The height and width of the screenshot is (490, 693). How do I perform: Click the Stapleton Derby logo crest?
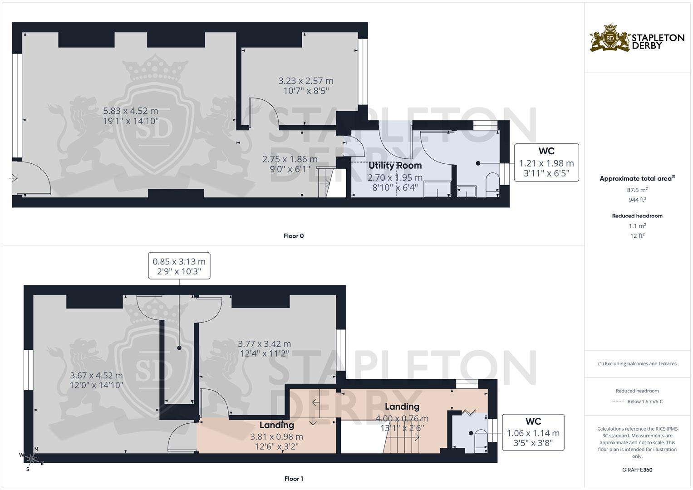tap(610, 38)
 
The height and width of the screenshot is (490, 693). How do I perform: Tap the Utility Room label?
tap(395, 166)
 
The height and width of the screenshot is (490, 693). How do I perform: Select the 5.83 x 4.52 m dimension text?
tap(130, 111)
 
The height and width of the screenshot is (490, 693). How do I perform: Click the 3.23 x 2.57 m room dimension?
tap(305, 81)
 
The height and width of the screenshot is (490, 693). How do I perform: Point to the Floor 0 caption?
tap(293, 236)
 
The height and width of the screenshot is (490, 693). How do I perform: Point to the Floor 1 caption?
tap(293, 479)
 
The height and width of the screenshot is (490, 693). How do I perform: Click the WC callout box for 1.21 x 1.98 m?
tap(546, 162)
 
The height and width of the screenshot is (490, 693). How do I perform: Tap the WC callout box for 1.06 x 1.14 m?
tap(533, 432)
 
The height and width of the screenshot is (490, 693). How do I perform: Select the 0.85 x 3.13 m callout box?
tap(179, 266)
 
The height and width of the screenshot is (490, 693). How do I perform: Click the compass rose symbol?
tap(30, 458)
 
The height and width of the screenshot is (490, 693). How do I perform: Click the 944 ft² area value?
tap(637, 200)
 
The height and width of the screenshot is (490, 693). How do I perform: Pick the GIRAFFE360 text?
tap(637, 470)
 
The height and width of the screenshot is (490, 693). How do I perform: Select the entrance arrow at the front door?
tap(13, 178)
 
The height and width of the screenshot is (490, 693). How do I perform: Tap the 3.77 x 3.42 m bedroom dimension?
tap(264, 344)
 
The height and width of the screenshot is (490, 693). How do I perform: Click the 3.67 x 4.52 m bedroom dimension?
tap(96, 376)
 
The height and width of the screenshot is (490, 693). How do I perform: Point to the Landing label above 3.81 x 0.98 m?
tap(276, 425)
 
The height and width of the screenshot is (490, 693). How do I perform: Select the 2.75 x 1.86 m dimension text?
tap(290, 159)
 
